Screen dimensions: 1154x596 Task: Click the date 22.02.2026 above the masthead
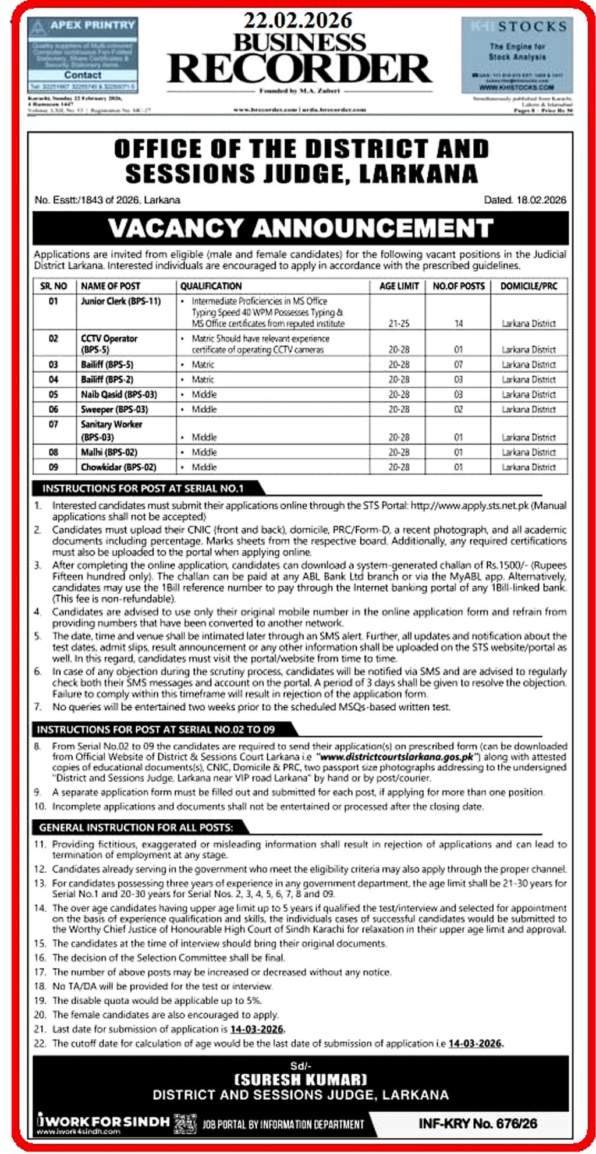tap(298, 20)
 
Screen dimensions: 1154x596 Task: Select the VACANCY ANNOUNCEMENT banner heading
tap(300, 228)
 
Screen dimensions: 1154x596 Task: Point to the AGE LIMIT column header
tap(399, 286)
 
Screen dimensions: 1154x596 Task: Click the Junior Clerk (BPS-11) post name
tap(120, 301)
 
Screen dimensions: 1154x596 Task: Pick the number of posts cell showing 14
tap(459, 323)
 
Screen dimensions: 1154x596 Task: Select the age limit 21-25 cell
tap(399, 323)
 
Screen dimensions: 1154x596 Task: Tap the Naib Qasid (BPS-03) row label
tap(119, 394)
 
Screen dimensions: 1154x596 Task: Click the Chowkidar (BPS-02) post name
tap(119, 467)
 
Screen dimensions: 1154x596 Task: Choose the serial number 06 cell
tap(54, 409)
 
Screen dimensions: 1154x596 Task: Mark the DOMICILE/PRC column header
tap(528, 286)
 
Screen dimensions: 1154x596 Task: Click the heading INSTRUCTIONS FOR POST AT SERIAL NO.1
tap(143, 488)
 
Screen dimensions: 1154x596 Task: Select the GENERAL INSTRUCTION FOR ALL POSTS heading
tap(136, 827)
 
